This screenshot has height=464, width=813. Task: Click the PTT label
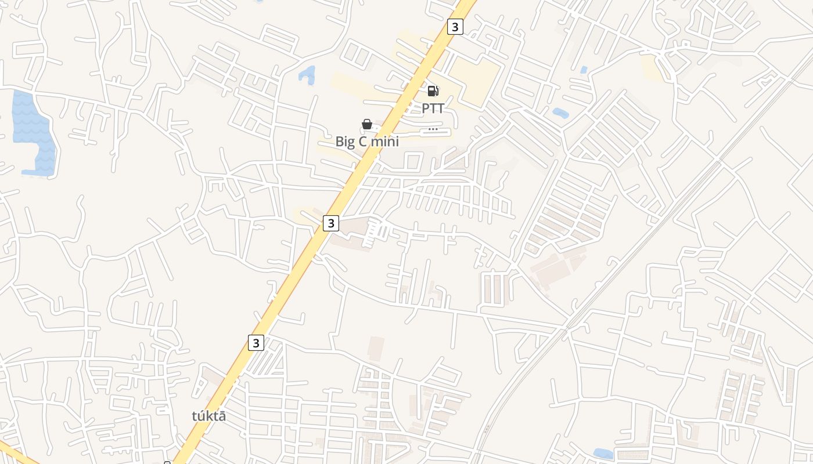[433, 108]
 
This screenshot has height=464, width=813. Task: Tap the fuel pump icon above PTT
[433, 90]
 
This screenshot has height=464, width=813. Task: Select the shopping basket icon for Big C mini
[367, 124]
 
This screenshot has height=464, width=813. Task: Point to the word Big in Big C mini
[346, 141]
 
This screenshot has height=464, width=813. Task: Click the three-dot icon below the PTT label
[433, 129]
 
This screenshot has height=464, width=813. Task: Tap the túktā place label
[208, 416]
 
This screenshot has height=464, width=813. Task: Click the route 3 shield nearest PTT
[455, 27]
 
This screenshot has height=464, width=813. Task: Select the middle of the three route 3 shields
[331, 223]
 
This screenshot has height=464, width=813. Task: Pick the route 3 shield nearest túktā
[256, 342]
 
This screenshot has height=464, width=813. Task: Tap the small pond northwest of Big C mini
[307, 74]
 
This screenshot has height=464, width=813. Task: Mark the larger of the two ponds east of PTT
[560, 113]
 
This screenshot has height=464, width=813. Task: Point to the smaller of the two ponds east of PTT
[584, 70]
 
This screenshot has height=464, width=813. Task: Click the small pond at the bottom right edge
[604, 454]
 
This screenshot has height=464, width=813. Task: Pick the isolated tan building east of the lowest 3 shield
[376, 347]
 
